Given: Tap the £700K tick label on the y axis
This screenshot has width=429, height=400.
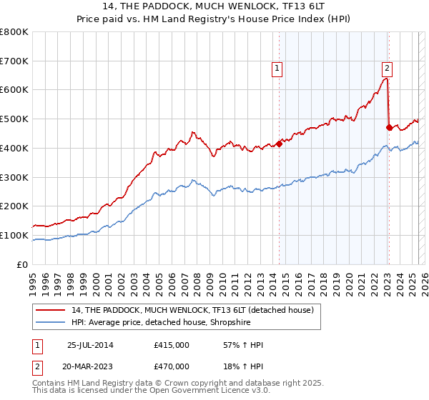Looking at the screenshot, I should point(14,61).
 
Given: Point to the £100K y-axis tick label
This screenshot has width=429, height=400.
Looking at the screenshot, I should point(14,235).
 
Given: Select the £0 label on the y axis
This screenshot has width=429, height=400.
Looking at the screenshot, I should point(23,264).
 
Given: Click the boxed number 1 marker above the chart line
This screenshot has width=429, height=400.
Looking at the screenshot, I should point(277,69).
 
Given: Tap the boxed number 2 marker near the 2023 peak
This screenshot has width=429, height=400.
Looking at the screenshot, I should point(386,69).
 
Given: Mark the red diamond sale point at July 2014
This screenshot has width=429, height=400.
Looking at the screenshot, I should point(280,144).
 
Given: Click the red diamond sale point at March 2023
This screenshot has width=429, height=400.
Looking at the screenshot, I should point(389,128).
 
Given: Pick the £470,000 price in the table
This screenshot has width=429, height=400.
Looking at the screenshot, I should point(172,366).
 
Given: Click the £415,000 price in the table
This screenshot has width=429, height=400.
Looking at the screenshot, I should point(172,345).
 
